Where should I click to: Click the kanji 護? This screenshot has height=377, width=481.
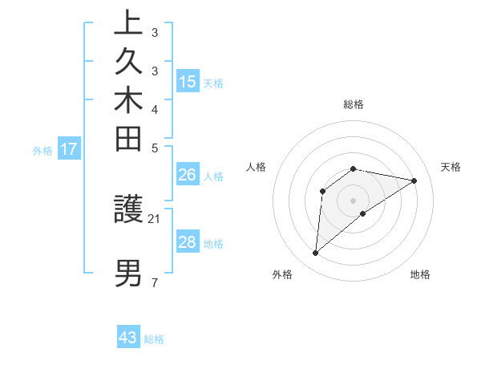tap(128, 209)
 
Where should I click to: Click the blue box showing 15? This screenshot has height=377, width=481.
tap(188, 82)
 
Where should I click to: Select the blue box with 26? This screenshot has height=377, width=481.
tap(188, 176)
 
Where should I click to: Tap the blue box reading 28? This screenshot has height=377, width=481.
tap(188, 242)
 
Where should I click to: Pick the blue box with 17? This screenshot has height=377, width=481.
tap(69, 148)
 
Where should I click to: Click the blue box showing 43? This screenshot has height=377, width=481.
tap(128, 338)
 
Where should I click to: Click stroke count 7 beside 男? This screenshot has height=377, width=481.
tap(154, 282)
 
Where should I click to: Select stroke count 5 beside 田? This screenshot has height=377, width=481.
tap(154, 148)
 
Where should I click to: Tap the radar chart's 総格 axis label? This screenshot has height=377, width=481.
tap(354, 104)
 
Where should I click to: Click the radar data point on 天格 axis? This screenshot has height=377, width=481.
tap(414, 180)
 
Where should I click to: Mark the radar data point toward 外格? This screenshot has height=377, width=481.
tap(316, 253)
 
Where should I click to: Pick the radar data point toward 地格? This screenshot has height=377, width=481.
tap(364, 213)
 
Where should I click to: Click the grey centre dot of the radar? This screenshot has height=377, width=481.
tap(354, 200)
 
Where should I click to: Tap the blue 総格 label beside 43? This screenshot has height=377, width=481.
tap(154, 338)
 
